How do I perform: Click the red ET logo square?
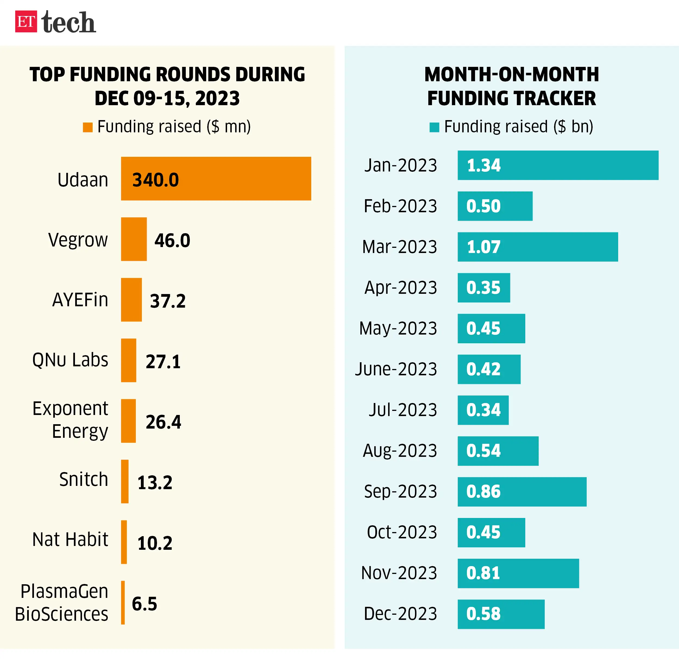point(26,21)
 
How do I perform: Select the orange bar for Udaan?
point(216,179)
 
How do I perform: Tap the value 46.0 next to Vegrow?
point(172,240)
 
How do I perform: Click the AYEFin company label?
point(80,300)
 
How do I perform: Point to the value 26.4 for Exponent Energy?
point(163,422)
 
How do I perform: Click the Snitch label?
point(83,479)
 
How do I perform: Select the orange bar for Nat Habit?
point(124,542)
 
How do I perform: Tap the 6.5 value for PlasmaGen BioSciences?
point(144,604)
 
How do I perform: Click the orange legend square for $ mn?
point(88,127)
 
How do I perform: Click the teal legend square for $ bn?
point(434,127)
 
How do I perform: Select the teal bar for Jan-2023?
point(558,165)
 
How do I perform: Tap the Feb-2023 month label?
point(400,206)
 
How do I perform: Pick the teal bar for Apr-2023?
point(484,288)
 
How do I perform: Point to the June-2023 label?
point(396,369)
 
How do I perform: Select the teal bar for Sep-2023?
point(522,492)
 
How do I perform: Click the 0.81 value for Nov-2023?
point(483,573)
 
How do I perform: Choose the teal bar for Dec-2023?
point(501,614)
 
